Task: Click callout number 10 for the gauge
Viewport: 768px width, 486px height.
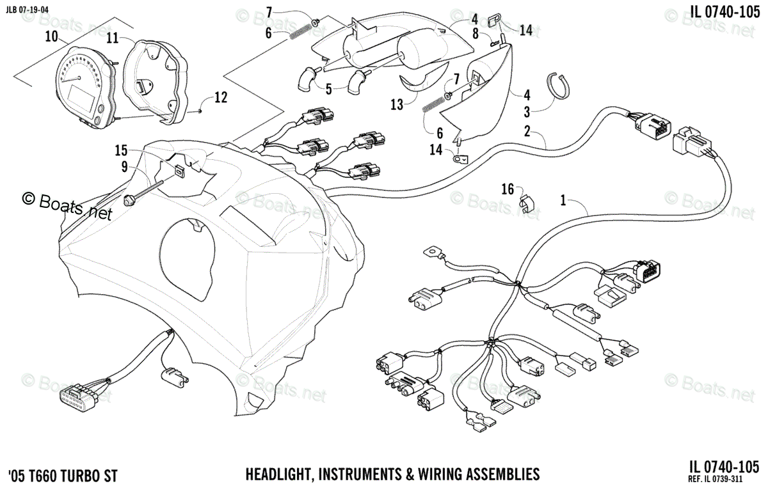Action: click(51, 37)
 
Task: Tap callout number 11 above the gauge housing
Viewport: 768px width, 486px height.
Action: click(113, 38)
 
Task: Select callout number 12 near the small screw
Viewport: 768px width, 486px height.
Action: click(220, 98)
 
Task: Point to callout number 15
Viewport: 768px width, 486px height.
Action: click(121, 151)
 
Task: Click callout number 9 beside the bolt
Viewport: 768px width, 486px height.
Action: click(125, 168)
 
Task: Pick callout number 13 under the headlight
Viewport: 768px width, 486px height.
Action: click(397, 105)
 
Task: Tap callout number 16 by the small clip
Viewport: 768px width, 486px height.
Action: click(508, 189)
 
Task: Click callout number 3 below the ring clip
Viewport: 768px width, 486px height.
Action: click(527, 113)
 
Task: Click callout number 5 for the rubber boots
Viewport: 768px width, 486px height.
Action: click(328, 89)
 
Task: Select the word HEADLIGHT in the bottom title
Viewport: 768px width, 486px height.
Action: click(277, 474)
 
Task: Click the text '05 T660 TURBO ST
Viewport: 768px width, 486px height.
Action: click(63, 475)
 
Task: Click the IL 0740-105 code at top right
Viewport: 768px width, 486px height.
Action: click(724, 12)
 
